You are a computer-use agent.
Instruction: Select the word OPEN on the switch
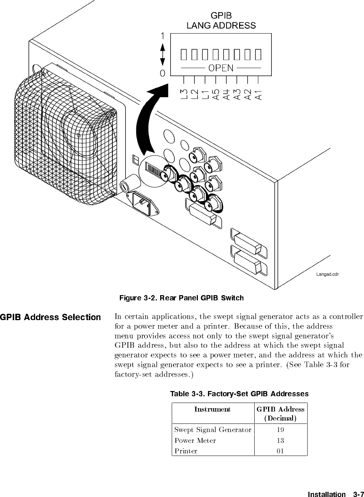(x=221, y=68)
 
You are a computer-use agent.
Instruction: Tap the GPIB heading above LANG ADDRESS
(x=221, y=16)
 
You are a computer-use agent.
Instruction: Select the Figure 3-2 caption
(x=181, y=298)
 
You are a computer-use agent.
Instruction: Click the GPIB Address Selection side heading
(x=50, y=318)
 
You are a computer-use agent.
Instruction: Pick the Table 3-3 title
(x=239, y=394)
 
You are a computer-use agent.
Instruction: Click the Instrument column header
(x=212, y=409)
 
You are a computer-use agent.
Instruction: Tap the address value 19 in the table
(x=280, y=430)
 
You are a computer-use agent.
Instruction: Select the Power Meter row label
(x=195, y=441)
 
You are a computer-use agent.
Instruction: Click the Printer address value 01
(x=280, y=451)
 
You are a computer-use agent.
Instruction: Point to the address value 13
(x=280, y=441)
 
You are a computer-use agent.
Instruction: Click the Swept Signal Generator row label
(x=212, y=430)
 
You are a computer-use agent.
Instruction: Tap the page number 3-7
(x=357, y=494)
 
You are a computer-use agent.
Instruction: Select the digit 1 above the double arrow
(x=163, y=36)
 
